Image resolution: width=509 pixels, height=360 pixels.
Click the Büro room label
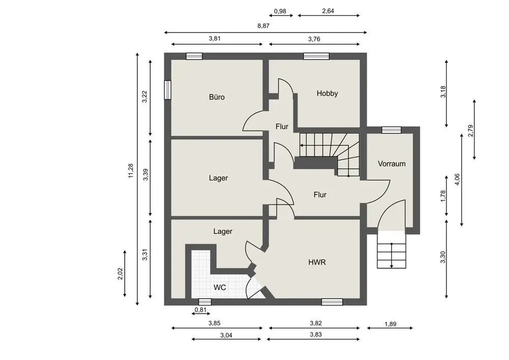216,97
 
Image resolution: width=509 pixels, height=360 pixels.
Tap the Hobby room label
327,94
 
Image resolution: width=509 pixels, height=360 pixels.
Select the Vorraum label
391,163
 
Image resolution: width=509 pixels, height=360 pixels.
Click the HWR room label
317,262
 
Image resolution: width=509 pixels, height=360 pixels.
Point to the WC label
220,287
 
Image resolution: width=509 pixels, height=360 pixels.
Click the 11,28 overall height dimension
131,171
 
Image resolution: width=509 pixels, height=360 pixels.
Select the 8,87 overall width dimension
263,26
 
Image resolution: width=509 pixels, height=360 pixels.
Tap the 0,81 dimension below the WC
201,310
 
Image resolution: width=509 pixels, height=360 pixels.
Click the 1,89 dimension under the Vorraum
390,324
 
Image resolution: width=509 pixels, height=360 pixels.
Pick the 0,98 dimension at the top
280,11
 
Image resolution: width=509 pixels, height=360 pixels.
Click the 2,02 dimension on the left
120,273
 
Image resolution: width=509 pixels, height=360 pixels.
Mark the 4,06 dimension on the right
457,180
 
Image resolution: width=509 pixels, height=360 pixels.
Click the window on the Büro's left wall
167,90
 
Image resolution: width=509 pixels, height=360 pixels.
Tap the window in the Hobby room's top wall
316,56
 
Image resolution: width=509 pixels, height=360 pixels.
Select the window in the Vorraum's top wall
391,130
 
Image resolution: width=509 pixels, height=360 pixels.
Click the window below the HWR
332,302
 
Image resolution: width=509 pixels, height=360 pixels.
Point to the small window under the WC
205,302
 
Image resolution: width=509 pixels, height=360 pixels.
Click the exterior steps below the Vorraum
391,250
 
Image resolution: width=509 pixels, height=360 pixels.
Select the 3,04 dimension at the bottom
227,336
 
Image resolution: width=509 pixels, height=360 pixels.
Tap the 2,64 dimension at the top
328,11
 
